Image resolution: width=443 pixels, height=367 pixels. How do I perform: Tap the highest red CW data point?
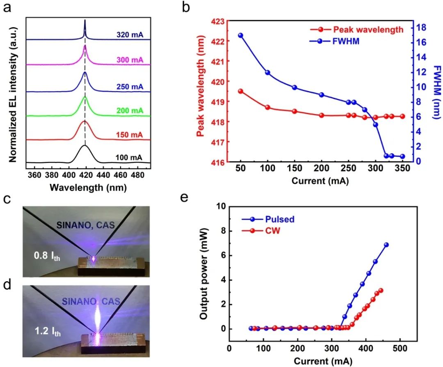point(381,291)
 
